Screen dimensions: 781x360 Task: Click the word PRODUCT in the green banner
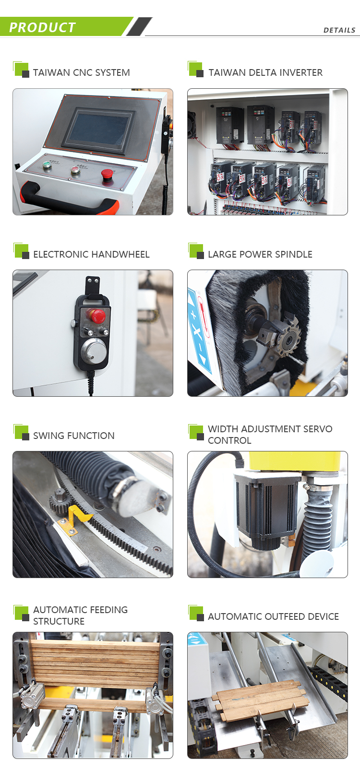pos(43,27)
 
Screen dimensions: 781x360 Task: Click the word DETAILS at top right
pos(339,30)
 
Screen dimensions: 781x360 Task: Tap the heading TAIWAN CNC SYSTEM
pos(81,72)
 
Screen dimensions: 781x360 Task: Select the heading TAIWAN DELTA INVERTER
pos(265,72)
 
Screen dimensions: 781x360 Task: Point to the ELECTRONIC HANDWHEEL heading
pos(91,254)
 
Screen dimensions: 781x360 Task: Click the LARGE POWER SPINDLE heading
pos(260,254)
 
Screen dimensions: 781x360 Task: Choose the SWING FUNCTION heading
pos(73,436)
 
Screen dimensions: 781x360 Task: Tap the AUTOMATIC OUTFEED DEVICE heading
pos(273,616)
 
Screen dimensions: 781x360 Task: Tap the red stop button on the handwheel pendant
pos(97,316)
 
